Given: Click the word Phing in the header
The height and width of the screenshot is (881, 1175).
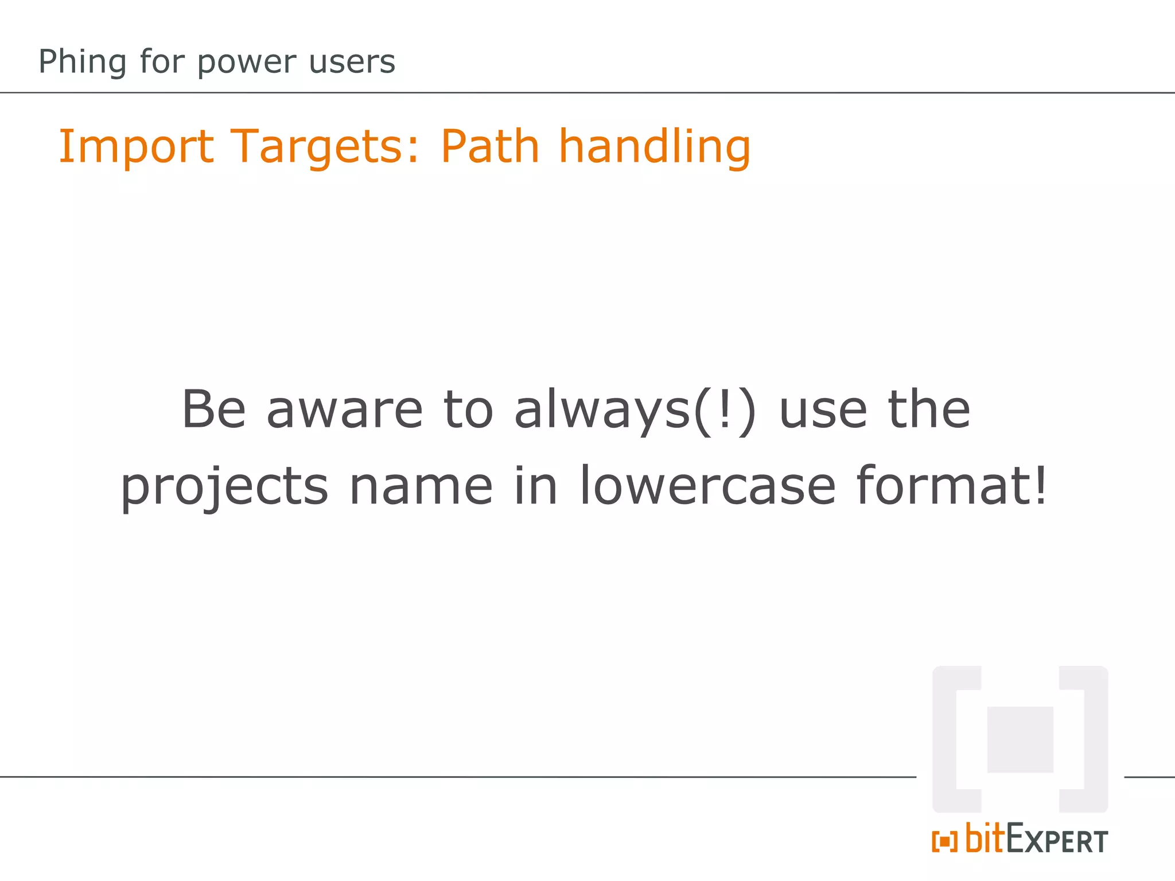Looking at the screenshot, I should coord(82,62).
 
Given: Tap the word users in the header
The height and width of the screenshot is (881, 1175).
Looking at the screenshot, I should coord(352,62).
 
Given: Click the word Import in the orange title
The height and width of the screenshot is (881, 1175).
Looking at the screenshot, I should coord(136,147).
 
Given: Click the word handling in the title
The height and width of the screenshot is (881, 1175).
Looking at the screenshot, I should coord(655,147).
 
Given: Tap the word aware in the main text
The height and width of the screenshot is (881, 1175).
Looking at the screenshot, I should coord(345,410).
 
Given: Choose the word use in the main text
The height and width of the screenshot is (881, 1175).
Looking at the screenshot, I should coord(823,410).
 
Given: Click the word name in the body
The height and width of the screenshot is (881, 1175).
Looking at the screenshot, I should coord(421,486).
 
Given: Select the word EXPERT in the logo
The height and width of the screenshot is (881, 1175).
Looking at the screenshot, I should coord(1057,840).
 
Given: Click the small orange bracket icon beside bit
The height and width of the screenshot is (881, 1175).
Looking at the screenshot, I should coord(944,841).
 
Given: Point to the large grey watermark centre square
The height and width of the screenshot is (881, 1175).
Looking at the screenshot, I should coord(1020,739).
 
